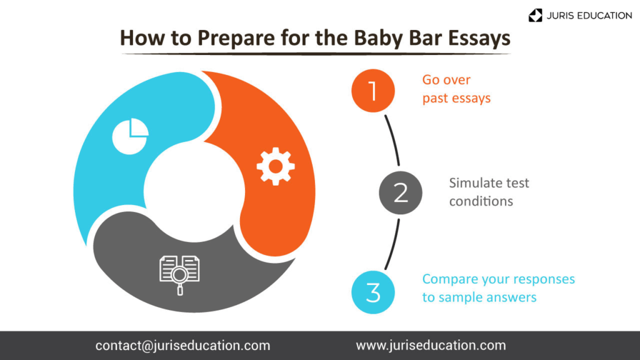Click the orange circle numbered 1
[x=373, y=91]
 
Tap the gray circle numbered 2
[x=401, y=192]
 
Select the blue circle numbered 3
[x=373, y=292]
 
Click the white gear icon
[x=276, y=166]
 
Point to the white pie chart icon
[x=130, y=136]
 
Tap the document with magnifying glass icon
[x=179, y=275]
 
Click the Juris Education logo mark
[x=535, y=16]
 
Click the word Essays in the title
[x=479, y=38]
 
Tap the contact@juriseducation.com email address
[x=183, y=346]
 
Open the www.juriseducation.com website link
[x=431, y=346]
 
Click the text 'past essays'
[x=456, y=98]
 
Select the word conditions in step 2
[x=481, y=201]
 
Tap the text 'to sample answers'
[x=479, y=297]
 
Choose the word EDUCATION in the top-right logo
[x=602, y=16]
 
